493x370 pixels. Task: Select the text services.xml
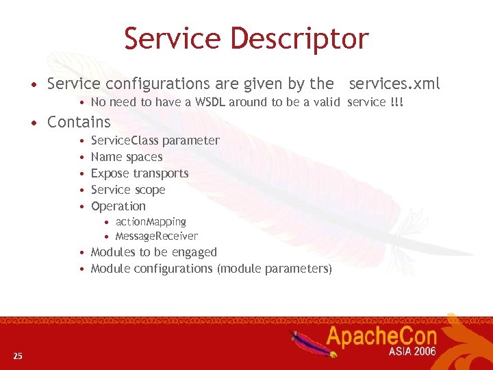click(x=394, y=84)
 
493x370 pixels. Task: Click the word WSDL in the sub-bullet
click(x=207, y=102)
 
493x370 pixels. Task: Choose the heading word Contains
click(x=79, y=123)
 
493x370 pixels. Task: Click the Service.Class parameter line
click(x=155, y=140)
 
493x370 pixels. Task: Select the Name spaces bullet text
click(x=127, y=157)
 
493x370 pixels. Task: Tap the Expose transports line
click(x=140, y=173)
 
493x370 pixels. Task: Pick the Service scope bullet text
click(x=128, y=190)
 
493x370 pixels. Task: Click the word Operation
click(x=118, y=206)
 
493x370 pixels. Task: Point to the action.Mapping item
click(x=151, y=222)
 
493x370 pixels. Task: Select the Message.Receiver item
click(x=157, y=236)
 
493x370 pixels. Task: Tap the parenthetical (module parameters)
click(x=275, y=269)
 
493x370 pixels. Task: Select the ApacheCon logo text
click(x=390, y=336)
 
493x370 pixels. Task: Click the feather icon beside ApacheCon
click(x=306, y=341)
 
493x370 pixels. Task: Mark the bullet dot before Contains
click(x=33, y=123)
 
